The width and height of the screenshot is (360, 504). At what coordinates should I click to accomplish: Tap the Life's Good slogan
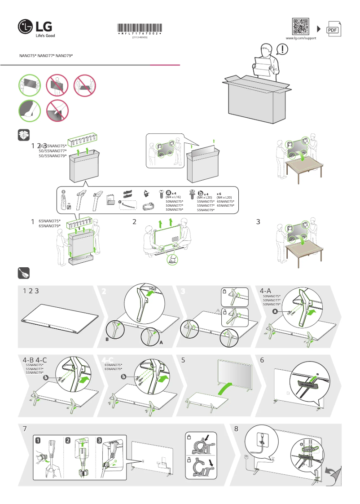[45, 35]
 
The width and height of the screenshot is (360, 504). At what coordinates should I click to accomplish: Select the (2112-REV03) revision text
[140, 38]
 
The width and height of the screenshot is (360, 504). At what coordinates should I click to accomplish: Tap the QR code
[301, 27]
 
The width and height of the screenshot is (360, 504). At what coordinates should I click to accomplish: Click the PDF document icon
[333, 29]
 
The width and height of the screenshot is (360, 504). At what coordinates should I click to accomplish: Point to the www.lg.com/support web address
[301, 39]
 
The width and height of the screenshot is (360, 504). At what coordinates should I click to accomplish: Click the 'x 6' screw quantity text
[219, 194]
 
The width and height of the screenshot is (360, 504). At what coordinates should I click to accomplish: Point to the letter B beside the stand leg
[107, 340]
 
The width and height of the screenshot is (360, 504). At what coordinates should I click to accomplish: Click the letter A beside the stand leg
[160, 342]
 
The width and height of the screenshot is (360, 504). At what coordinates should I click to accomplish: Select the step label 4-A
[266, 291]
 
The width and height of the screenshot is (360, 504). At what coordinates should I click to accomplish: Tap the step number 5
[183, 360]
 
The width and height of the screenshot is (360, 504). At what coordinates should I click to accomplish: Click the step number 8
[236, 429]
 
